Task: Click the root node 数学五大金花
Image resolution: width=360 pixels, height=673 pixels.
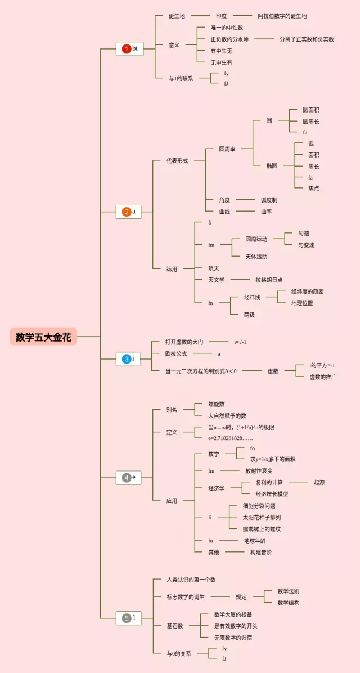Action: [x=43, y=337]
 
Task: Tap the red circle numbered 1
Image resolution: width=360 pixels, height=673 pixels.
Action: [x=127, y=49]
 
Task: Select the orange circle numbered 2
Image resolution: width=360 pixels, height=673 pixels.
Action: [x=127, y=212]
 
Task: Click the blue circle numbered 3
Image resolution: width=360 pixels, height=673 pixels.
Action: [x=127, y=358]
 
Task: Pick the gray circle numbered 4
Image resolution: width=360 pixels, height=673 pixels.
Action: [x=127, y=478]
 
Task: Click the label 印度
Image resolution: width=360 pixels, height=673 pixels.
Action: [x=221, y=16]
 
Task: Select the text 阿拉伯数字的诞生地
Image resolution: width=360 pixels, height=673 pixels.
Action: [x=282, y=16]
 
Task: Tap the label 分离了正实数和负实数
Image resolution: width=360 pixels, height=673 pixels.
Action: [x=307, y=39]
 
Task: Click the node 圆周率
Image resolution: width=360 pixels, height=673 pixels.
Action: [x=227, y=149]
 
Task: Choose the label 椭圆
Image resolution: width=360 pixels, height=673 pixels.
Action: [x=272, y=165]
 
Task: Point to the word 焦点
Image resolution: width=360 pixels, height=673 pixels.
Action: [x=313, y=189]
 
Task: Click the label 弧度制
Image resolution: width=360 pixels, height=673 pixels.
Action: [x=269, y=200]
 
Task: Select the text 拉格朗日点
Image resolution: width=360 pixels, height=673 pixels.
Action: [x=269, y=280]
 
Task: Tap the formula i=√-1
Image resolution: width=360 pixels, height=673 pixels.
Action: [x=240, y=342]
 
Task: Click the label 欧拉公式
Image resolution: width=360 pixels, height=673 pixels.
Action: [x=176, y=353]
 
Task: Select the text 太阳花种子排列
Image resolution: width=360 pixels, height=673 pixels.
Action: [x=262, y=517]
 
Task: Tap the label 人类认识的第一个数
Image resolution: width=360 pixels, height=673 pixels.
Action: [x=191, y=580]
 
